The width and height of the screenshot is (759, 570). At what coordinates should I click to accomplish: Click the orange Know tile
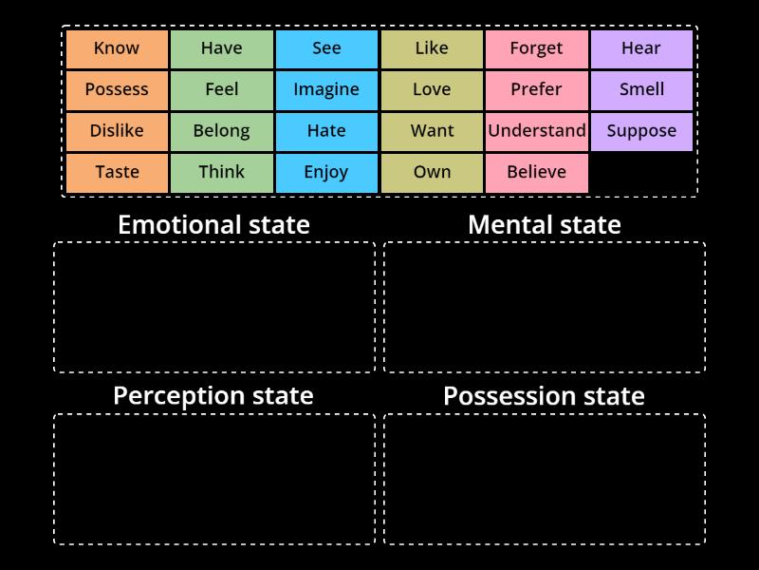coord(117,49)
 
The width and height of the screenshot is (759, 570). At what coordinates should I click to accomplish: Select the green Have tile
coord(222,49)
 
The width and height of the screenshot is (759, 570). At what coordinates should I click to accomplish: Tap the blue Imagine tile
coord(326,90)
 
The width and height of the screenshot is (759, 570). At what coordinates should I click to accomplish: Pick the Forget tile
coord(537,49)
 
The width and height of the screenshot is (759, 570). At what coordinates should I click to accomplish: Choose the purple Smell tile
coord(642,90)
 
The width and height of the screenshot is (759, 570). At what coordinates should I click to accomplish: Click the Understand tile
coord(537,131)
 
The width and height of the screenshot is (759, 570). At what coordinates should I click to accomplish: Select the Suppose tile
coord(642,131)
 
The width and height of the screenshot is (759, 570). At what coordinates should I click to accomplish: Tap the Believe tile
coord(537,173)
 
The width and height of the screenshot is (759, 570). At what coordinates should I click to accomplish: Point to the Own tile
coord(432,173)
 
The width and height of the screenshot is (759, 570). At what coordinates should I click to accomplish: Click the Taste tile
coord(117,173)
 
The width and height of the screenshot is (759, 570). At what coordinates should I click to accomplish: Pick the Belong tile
coord(222,131)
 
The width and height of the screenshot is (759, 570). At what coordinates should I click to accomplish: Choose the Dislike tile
coord(117,131)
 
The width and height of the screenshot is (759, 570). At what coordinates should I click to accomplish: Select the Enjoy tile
coord(326,173)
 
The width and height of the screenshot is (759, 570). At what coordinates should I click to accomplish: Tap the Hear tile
coord(642,49)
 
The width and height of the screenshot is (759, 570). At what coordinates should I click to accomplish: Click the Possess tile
coord(117,90)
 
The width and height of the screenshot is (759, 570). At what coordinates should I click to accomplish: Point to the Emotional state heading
coord(214,225)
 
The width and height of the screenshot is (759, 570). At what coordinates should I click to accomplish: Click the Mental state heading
coord(545,225)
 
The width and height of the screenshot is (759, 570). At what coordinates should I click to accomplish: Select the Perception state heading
coord(213,396)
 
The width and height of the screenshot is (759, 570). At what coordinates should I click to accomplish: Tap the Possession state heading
coord(544,396)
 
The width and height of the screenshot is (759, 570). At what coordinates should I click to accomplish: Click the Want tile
coord(432,131)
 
